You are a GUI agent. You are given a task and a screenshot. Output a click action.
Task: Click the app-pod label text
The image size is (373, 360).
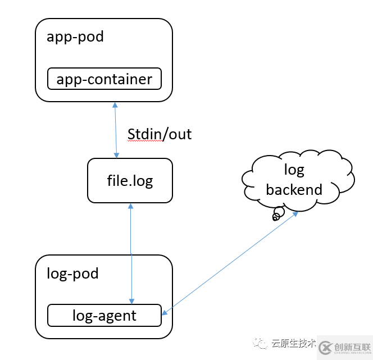[x=75, y=37]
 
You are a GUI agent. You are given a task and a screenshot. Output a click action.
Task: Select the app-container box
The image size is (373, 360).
[x=104, y=79]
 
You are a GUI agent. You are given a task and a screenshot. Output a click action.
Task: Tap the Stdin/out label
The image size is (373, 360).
[x=160, y=134]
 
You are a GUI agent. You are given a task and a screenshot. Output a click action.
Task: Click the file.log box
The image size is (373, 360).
[x=130, y=181]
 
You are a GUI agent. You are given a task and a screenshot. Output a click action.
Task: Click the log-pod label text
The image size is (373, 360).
[x=73, y=274]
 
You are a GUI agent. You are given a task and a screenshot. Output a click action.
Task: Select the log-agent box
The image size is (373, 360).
[x=104, y=316]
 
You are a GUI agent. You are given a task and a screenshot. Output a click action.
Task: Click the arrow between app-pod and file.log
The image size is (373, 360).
[x=116, y=130]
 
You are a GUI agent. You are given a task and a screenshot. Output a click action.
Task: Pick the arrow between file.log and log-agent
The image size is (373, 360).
[x=131, y=253]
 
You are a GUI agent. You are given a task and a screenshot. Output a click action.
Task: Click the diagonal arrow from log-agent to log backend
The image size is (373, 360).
[x=230, y=262]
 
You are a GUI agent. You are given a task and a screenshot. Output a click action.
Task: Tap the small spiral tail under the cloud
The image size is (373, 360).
[x=276, y=215]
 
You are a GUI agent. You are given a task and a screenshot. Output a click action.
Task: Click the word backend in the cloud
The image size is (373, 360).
[x=294, y=190]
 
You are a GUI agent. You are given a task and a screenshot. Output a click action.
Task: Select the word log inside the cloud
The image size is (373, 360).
[x=294, y=170]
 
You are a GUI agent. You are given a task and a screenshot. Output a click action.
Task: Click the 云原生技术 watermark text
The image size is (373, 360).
[x=293, y=343]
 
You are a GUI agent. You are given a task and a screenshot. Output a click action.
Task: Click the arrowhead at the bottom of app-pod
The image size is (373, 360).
[x=115, y=105]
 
